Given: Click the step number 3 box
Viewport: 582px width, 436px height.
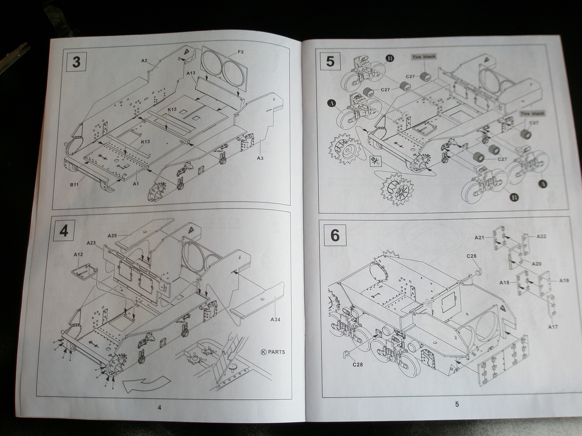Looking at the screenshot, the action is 76,62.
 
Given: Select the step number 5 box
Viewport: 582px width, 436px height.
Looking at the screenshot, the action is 330,61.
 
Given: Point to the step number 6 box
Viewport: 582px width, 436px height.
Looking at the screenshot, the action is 335,235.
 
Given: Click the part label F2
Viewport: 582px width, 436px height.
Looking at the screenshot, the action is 241,52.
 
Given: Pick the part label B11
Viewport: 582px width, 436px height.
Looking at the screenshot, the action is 75,185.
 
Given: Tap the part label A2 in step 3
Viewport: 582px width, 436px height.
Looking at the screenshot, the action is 144,60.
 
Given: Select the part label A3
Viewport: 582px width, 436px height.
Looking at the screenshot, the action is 260,158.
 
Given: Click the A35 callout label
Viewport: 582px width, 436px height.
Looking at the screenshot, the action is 112,236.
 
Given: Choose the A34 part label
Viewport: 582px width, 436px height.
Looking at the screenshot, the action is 275,320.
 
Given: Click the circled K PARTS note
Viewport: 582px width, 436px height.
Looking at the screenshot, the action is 273,352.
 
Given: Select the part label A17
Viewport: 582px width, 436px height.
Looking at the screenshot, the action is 553,327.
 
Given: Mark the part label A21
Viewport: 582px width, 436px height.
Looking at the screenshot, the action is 479,238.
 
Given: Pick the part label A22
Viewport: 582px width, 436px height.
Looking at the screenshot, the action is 542,237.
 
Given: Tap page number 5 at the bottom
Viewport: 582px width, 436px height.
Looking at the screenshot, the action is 457,404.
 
